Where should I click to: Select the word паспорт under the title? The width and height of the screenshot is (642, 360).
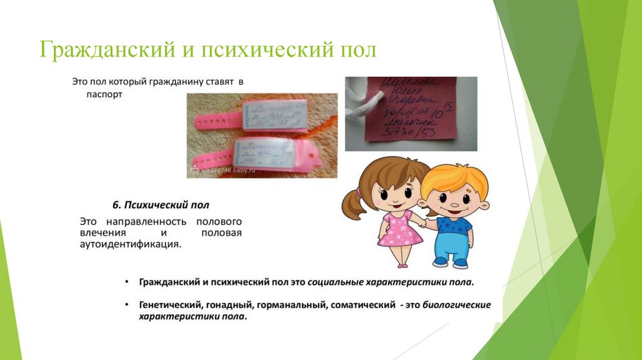(x=105, y=96)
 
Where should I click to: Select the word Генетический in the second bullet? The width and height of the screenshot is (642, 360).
(x=169, y=305)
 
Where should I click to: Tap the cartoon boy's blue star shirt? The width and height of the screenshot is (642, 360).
(x=454, y=225)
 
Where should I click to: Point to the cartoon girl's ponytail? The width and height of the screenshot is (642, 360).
(x=352, y=203)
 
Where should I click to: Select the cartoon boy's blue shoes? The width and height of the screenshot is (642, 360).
(x=451, y=262)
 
